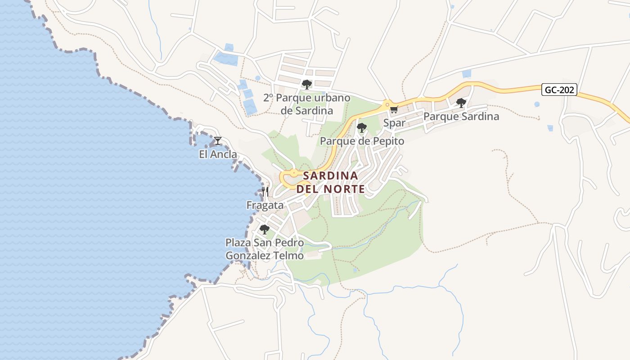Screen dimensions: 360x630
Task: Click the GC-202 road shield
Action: click(559, 90)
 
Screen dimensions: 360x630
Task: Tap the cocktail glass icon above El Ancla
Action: click(218, 141)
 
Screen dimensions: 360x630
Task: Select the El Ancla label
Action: click(218, 154)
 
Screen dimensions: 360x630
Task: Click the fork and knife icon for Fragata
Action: click(265, 192)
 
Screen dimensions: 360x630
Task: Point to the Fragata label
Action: click(265, 205)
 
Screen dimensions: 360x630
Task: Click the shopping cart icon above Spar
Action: click(394, 109)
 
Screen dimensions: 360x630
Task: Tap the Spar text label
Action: click(394, 123)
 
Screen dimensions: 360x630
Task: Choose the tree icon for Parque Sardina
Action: click(461, 103)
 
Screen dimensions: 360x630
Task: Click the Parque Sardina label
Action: click(461, 117)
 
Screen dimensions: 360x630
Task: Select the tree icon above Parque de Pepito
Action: click(361, 128)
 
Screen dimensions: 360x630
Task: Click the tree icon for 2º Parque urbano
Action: click(307, 84)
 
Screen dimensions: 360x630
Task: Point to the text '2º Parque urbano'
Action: click(306, 98)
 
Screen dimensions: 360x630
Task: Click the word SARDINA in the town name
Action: click(330, 175)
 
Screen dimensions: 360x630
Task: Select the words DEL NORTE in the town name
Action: click(330, 189)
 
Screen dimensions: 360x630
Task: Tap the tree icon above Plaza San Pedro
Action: click(265, 229)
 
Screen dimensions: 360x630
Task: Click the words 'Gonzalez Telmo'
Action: click(264, 256)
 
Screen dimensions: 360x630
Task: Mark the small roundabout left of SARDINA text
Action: click(293, 172)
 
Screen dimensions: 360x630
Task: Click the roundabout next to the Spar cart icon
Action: click(386, 104)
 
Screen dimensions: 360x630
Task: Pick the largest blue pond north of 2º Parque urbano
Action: click(225, 59)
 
